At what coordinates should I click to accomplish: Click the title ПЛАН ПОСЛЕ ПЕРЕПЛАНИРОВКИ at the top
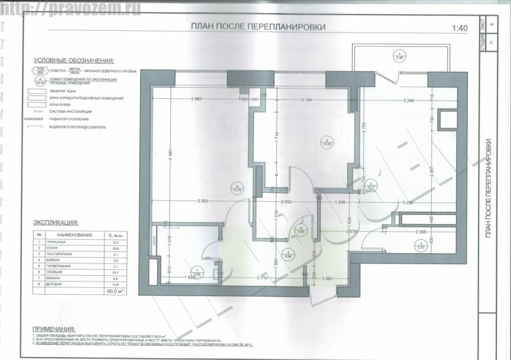(258, 26)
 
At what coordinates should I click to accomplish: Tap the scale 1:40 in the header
(459, 27)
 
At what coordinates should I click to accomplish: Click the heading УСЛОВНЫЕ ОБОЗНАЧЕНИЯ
(74, 60)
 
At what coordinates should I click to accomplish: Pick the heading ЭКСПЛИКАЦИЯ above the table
(56, 222)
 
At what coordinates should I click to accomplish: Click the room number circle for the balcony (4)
(400, 56)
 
